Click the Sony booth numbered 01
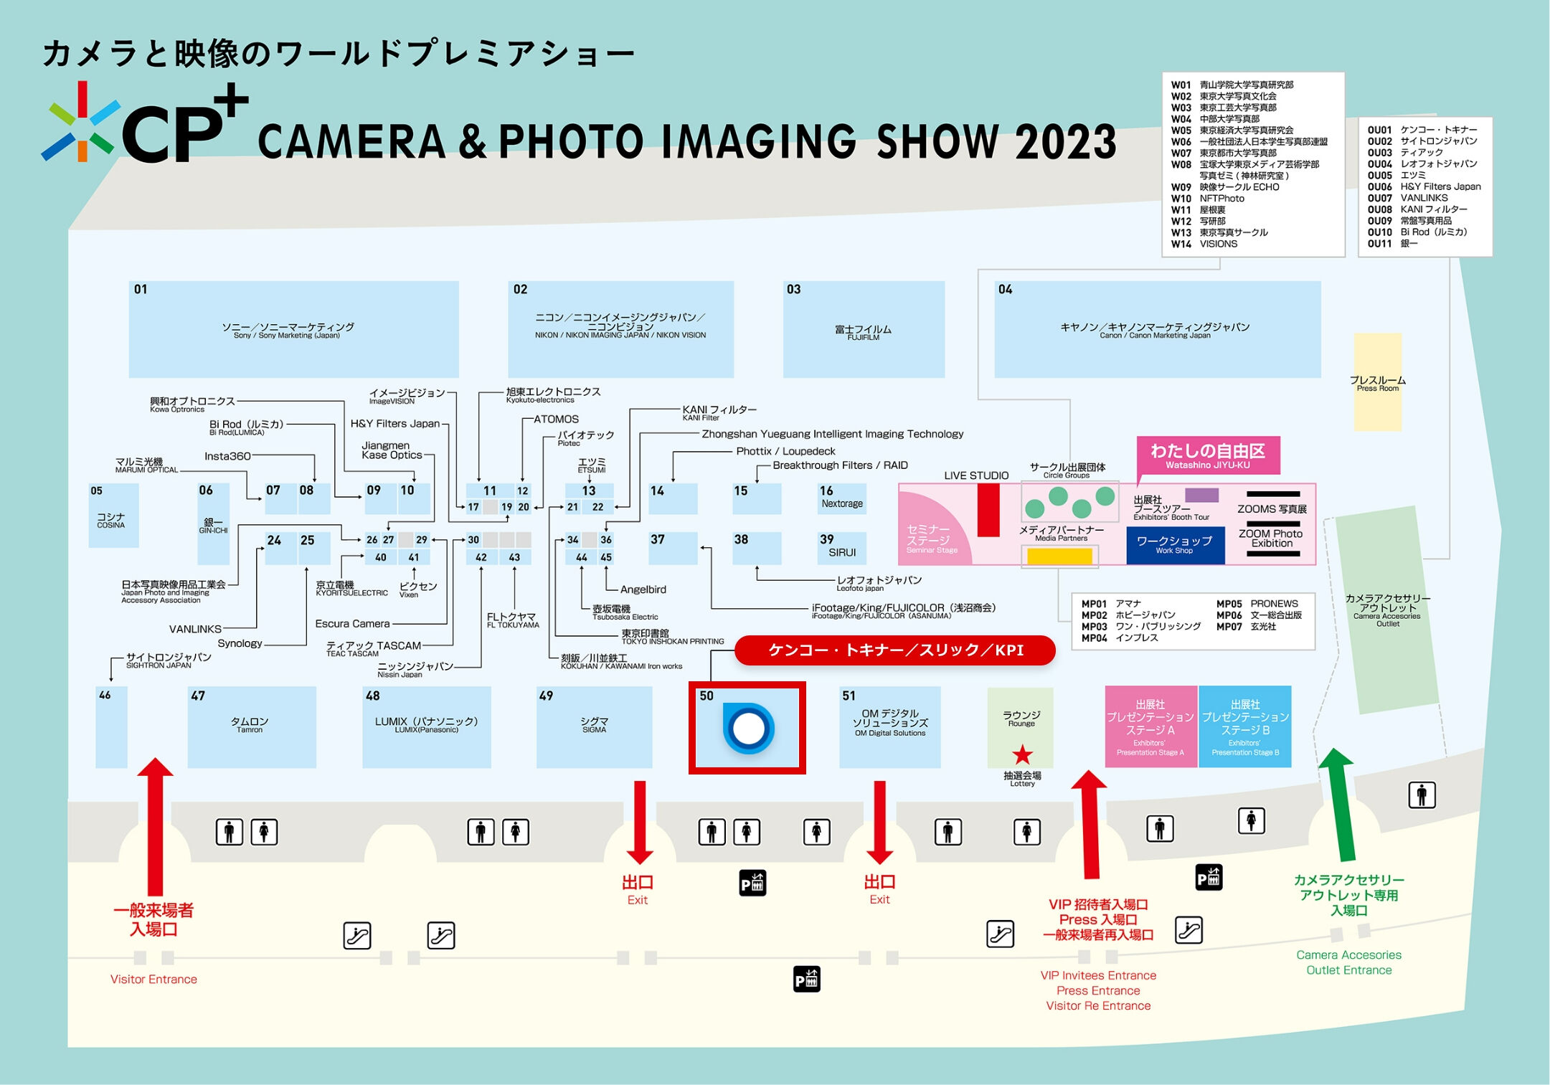click(x=293, y=329)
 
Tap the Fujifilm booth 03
click(x=864, y=329)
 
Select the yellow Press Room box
click(x=1377, y=382)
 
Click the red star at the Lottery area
click(x=1022, y=754)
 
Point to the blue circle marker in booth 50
click(x=749, y=729)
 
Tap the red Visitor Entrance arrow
click(x=154, y=825)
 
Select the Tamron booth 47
click(x=251, y=727)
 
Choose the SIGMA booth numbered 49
click(x=594, y=727)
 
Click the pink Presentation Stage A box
click(x=1150, y=727)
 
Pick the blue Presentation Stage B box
click(x=1245, y=727)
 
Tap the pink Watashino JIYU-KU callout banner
click(x=1208, y=455)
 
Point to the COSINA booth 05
click(x=113, y=516)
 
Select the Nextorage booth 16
click(x=842, y=498)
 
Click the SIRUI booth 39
click(x=842, y=548)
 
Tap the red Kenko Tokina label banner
click(x=895, y=650)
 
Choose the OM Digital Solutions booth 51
click(x=890, y=727)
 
